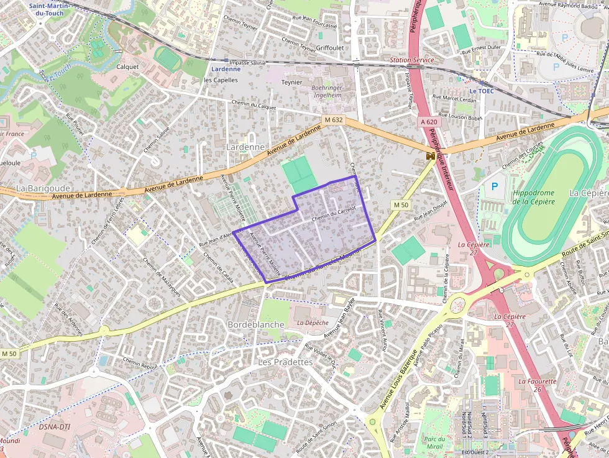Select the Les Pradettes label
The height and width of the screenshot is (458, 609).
point(285,362)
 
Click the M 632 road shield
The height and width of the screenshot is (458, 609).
point(334,119)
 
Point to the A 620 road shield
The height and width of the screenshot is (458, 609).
point(428,122)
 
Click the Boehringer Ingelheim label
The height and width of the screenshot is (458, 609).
point(326,91)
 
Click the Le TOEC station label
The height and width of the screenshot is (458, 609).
point(482,91)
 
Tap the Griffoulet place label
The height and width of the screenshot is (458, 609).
point(329,47)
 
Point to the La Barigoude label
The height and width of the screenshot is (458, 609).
point(43,188)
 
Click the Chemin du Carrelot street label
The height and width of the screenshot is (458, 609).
point(333,214)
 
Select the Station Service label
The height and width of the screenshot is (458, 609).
point(411,60)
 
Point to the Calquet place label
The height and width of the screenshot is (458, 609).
point(127,66)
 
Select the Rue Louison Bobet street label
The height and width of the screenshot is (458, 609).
point(460,116)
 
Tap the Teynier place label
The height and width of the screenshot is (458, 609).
point(291,82)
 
